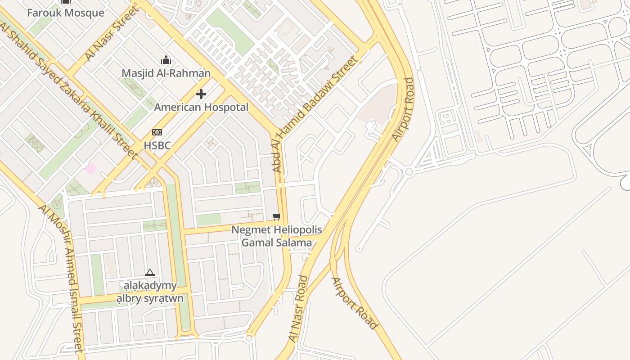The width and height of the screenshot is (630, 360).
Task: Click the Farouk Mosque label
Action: click(x=66, y=13)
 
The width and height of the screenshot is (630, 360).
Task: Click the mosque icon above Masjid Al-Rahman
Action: click(x=166, y=60)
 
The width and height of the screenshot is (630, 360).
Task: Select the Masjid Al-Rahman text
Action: click(x=166, y=73)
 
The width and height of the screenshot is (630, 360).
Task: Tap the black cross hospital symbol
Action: click(x=201, y=94)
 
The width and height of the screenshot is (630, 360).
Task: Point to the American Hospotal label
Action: click(x=201, y=107)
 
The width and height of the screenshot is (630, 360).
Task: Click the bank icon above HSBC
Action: click(x=157, y=132)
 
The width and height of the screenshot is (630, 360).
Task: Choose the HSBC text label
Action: click(x=157, y=145)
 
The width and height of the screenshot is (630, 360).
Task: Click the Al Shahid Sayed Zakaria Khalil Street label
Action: click(x=67, y=90)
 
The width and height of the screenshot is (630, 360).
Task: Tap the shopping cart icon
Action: click(x=277, y=217)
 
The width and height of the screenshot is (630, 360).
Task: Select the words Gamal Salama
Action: click(x=277, y=243)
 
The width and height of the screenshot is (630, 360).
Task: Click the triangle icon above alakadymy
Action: click(x=150, y=272)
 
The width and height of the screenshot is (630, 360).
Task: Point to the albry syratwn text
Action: click(x=150, y=298)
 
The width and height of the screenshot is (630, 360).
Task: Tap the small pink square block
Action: click(x=90, y=169)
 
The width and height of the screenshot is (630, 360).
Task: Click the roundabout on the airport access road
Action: click(x=409, y=171)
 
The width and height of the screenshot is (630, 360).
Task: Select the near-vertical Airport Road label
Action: click(x=402, y=110)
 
